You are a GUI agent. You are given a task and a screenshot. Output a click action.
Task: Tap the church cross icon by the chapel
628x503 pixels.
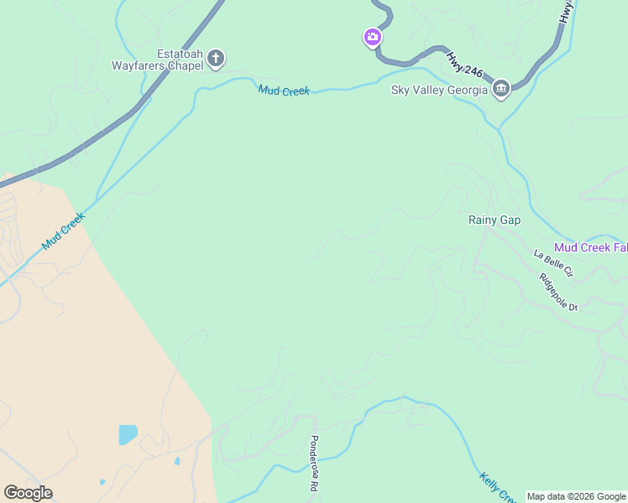[x=216, y=58]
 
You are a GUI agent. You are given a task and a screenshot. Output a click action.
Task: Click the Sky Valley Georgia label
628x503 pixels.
[x=439, y=90]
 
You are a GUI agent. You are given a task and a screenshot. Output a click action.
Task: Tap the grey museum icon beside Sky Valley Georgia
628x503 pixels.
[x=501, y=88]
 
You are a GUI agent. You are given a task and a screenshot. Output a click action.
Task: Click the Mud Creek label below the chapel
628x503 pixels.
[x=284, y=90]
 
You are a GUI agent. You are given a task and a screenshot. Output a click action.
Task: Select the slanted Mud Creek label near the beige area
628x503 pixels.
[x=64, y=230]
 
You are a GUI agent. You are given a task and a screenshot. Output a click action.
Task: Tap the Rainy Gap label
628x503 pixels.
[x=495, y=220]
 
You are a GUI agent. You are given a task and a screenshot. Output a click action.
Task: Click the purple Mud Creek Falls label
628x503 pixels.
[x=591, y=247]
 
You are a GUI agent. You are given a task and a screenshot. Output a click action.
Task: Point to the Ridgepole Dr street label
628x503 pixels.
[x=559, y=293]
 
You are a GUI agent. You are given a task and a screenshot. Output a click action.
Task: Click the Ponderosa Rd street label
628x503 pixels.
[x=314, y=464]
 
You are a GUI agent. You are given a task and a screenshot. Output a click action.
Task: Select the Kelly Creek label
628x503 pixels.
[x=497, y=488]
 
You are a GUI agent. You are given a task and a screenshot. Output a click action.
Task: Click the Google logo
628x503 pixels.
[x=28, y=492]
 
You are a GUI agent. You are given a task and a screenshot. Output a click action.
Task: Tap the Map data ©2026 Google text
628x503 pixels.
[x=575, y=496]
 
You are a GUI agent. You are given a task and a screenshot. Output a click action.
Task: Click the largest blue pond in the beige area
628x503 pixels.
[x=128, y=434]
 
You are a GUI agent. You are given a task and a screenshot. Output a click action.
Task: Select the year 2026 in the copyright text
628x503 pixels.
[x=585, y=496]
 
